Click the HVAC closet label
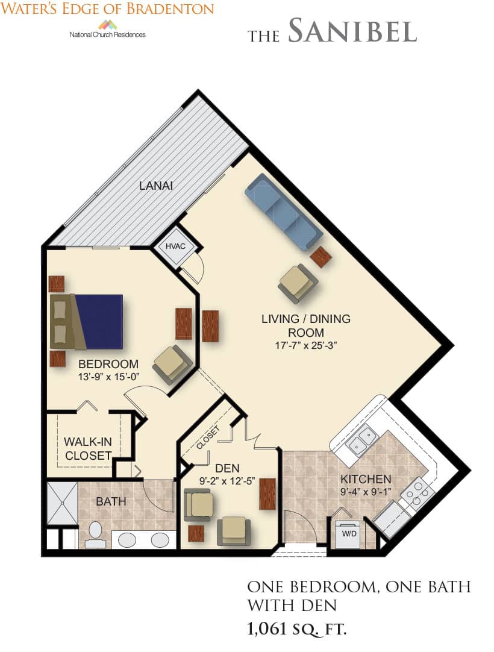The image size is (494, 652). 175,246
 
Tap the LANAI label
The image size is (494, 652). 156,186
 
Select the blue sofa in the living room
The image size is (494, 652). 284,212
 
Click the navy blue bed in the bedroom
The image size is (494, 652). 99,321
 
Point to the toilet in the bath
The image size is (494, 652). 95,534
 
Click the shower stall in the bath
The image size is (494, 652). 62,504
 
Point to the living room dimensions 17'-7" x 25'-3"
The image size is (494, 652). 305,345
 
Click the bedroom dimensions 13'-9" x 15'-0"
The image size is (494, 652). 108,377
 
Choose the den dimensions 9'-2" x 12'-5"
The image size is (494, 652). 227,481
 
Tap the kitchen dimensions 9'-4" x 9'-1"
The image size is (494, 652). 366,492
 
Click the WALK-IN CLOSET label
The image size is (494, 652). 88,449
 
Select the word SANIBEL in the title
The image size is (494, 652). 352,31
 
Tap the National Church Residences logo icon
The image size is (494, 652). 107,25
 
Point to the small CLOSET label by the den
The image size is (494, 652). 207,438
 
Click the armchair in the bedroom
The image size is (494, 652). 172,365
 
